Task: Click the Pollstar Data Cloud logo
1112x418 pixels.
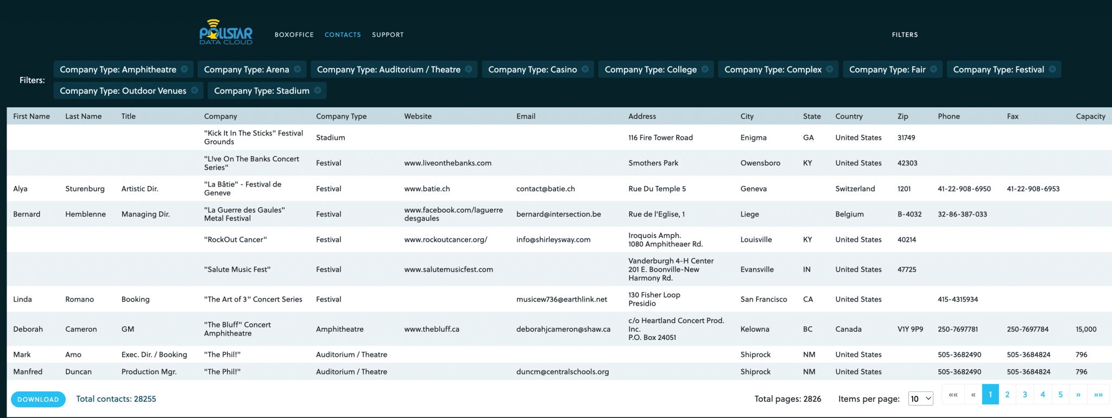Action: click(x=226, y=33)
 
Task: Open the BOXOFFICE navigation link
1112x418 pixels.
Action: click(x=294, y=35)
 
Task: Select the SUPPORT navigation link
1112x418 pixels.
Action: click(x=388, y=35)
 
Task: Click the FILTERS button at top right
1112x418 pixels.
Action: click(x=905, y=35)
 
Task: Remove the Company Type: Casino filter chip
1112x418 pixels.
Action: click(x=585, y=69)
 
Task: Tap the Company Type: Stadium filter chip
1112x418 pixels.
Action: click(x=261, y=91)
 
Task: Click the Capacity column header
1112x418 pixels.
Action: click(x=1090, y=117)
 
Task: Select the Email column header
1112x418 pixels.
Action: click(x=526, y=117)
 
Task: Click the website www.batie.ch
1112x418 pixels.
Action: click(x=427, y=189)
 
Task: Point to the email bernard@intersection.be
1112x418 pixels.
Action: click(x=558, y=214)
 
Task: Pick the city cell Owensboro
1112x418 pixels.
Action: click(x=760, y=163)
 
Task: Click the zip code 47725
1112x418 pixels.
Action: click(x=907, y=269)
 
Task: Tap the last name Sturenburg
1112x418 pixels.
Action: click(x=85, y=189)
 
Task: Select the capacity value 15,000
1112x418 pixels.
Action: click(x=1086, y=329)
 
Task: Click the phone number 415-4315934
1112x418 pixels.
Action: click(x=958, y=299)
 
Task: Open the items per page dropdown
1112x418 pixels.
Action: click(x=920, y=399)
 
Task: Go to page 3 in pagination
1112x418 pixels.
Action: click(x=1025, y=395)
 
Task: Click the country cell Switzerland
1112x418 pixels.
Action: click(x=855, y=189)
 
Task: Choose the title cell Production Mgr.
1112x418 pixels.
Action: click(x=149, y=372)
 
